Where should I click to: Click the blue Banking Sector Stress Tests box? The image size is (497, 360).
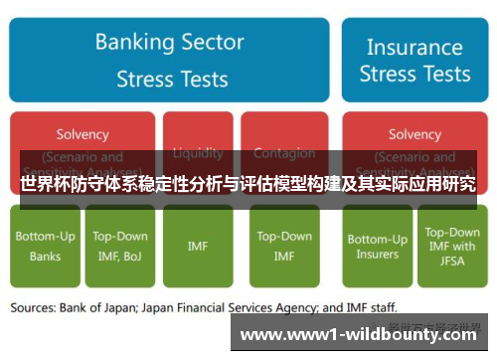coord(169,60)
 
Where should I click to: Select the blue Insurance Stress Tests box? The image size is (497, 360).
coord(414,60)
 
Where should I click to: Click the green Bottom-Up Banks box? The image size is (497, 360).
coord(46,246)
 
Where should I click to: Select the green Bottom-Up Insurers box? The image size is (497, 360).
coord(377,246)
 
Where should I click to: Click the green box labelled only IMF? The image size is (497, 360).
coord(198,246)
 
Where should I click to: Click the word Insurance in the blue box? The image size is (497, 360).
coord(414,47)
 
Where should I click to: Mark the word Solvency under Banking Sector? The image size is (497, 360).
coord(83,134)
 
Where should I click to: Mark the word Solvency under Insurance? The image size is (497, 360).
coord(414,134)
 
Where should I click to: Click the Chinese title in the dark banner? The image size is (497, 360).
coord(248,184)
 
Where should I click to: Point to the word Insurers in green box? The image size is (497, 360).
coord(377,255)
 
